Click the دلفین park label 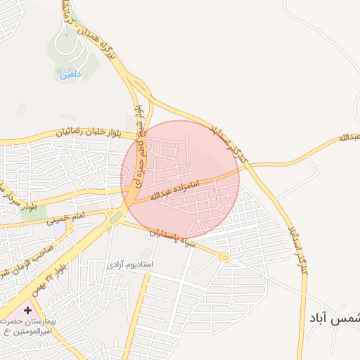click(70, 73)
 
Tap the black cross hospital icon click(27, 310)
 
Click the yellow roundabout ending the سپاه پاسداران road click(225, 258)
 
